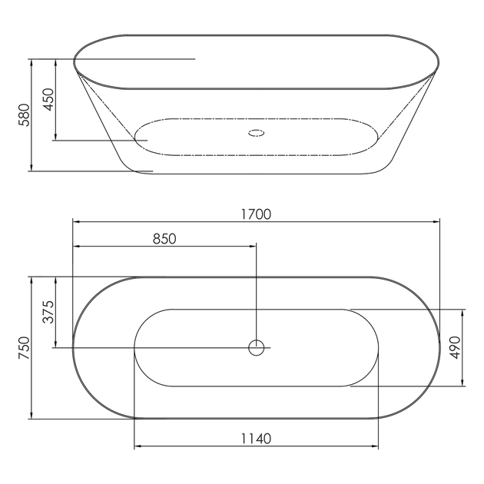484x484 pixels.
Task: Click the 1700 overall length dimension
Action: [256, 214]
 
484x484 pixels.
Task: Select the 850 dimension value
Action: [164, 239]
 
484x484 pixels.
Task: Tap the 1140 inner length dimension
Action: [256, 439]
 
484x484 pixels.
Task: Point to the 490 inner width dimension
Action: [455, 347]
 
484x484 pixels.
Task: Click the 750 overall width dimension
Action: [24, 347]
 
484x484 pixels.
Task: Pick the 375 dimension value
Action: [48, 312]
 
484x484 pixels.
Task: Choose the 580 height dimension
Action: [24, 114]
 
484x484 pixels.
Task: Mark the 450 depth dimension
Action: [48, 99]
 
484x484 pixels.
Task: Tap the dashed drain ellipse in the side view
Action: [256, 130]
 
